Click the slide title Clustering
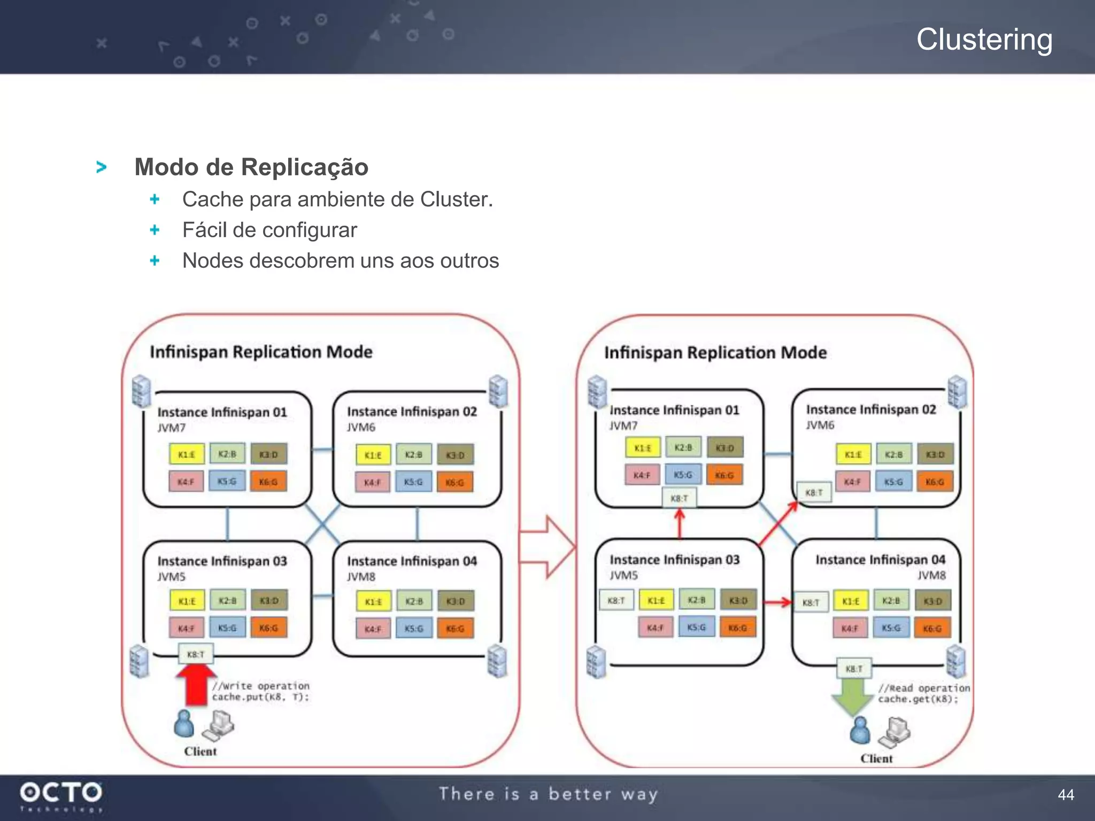point(984,40)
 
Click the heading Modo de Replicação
point(251,167)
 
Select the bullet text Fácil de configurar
point(269,230)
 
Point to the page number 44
point(1066,795)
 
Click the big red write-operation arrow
point(196,687)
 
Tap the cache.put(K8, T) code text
point(260,697)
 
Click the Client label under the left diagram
point(200,751)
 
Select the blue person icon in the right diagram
point(860,731)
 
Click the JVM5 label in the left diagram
point(171,577)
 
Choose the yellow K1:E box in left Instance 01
point(186,454)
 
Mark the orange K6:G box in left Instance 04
point(455,629)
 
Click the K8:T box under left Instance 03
point(195,654)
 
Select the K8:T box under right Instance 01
point(679,498)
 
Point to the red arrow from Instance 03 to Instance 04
point(777,602)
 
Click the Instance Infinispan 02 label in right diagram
point(871,409)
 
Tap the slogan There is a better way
point(548,794)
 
